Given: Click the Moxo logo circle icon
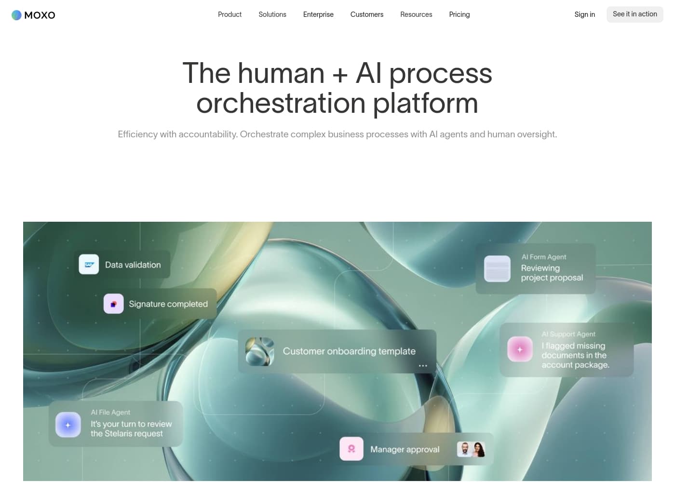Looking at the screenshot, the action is pos(16,15).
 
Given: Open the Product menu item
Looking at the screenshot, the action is pos(229,14).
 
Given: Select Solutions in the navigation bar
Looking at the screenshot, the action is pos(272,14).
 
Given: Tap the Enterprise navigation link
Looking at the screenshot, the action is pos(318,14).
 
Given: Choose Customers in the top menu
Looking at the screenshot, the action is pos(367,14).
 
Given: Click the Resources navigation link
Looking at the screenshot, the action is pos(416,14).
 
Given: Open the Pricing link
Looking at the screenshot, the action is pos(459,14).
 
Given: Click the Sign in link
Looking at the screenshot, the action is pos(584,14).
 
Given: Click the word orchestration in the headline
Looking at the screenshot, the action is pos(281,103).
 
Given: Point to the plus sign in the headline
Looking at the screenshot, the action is pos(340,75).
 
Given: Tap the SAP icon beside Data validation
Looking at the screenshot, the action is pos(89,265).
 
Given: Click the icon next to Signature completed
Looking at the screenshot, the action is pos(114,304).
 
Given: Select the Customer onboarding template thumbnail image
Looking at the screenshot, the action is pos(260,351).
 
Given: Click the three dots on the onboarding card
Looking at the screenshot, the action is pos(423,366).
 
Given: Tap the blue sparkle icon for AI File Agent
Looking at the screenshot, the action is pos(68,425).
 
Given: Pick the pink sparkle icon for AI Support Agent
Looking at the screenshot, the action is pos(520,349).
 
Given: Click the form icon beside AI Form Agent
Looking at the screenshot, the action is pos(497,269).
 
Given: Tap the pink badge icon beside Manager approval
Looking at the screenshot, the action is pos(351,449).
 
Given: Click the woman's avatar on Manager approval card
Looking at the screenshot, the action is pos(479,449).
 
